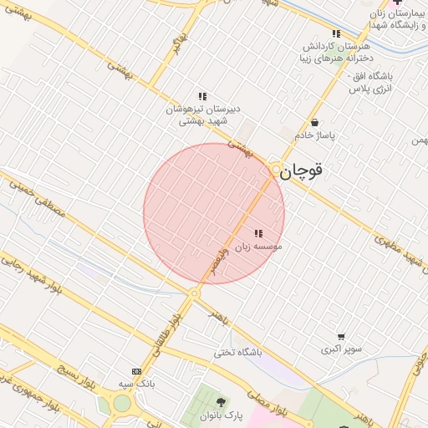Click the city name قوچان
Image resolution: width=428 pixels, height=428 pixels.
[x=300, y=171]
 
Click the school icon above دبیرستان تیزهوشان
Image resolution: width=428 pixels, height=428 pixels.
[x=201, y=96]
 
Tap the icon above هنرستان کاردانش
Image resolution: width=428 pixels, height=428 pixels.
[x=336, y=33]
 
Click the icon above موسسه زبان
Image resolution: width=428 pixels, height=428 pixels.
[x=258, y=234]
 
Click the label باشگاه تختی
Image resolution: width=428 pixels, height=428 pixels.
[x=237, y=352]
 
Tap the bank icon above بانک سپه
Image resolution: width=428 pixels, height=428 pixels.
[x=136, y=371]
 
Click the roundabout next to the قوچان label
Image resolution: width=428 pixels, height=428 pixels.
[x=276, y=170]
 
